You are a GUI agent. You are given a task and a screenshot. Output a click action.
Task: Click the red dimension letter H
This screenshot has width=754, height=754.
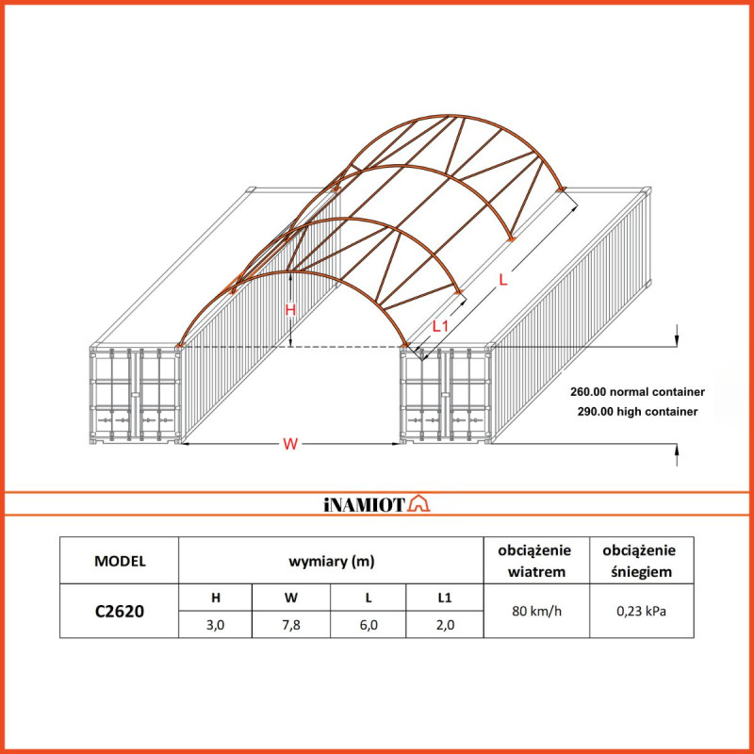pyautogui.click(x=290, y=309)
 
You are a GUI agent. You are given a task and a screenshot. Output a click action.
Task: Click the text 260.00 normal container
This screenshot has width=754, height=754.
pyautogui.click(x=637, y=390)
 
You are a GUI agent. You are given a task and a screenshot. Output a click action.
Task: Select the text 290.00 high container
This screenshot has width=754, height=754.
pyautogui.click(x=633, y=412)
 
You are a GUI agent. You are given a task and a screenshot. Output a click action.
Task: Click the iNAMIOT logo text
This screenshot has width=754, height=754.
pyautogui.click(x=364, y=505)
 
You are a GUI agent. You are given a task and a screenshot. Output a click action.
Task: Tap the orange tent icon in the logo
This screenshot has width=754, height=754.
pyautogui.click(x=419, y=505)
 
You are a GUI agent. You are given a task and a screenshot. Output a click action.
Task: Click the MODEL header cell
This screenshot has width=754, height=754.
pyautogui.click(x=120, y=561)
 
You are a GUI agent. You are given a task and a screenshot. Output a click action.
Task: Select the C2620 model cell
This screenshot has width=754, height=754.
pyautogui.click(x=120, y=610)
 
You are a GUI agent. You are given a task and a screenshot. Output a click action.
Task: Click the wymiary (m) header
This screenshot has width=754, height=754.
pyautogui.click(x=331, y=561)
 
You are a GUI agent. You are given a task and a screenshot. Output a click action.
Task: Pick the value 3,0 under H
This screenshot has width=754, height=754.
pyautogui.click(x=215, y=624)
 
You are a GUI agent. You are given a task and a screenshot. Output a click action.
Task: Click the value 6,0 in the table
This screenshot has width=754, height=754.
pyautogui.click(x=368, y=624)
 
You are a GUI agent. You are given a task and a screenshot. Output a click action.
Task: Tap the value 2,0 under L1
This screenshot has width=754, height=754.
pyautogui.click(x=444, y=624)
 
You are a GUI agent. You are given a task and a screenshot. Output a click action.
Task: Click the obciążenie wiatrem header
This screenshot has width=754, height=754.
pyautogui.click(x=537, y=561)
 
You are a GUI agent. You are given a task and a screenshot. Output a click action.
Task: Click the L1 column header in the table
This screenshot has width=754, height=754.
pyautogui.click(x=444, y=597)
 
